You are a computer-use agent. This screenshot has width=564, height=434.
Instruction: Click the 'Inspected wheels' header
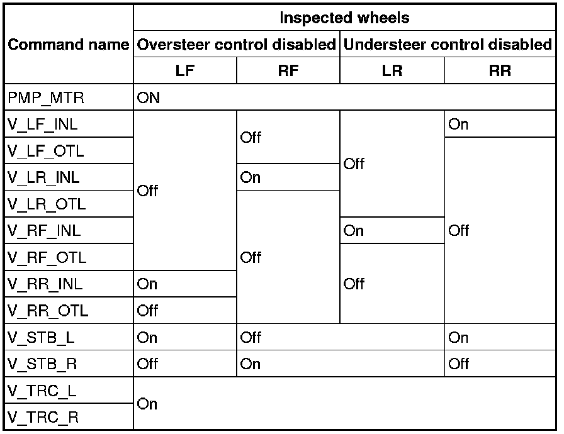click(344, 18)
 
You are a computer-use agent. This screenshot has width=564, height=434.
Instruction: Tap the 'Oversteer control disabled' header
click(236, 45)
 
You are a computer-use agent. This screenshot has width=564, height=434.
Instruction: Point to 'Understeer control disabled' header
click(446, 45)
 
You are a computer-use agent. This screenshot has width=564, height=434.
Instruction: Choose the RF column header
click(288, 71)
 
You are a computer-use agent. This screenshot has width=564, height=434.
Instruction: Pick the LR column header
click(392, 71)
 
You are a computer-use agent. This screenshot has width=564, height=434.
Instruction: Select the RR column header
click(500, 71)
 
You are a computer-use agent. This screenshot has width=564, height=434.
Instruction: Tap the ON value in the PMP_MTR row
click(149, 98)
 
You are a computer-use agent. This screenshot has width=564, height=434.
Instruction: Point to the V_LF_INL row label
click(43, 125)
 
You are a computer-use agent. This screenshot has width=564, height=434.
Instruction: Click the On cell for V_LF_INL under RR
click(458, 125)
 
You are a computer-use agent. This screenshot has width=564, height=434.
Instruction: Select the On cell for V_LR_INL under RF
click(251, 177)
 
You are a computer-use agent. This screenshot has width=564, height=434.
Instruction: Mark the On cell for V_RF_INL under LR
click(354, 231)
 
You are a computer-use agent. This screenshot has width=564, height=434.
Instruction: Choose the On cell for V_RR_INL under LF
click(147, 284)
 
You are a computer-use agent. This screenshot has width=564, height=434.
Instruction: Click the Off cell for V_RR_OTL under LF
click(147, 311)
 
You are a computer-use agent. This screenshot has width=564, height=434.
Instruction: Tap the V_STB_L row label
click(40, 337)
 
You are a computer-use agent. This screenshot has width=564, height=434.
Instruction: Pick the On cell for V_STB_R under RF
click(251, 364)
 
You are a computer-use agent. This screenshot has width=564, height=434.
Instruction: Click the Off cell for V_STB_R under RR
click(460, 364)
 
